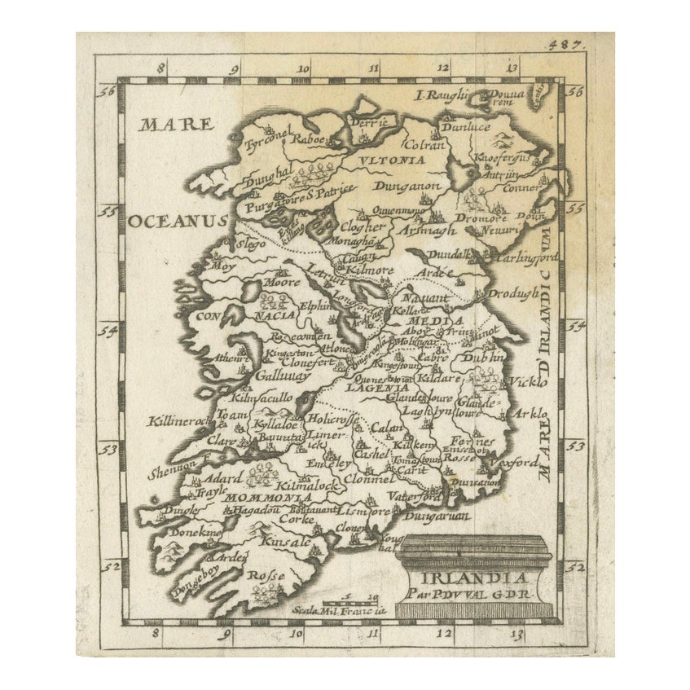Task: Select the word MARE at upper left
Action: (175, 125)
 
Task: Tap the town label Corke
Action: (296, 517)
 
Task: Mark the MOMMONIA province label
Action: (258, 497)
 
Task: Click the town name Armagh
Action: (428, 231)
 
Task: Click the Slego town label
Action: (251, 242)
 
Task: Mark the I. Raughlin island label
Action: (444, 95)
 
